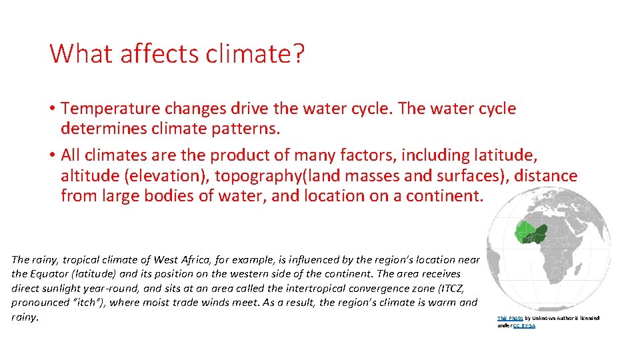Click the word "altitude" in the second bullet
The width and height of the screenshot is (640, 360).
(85, 176)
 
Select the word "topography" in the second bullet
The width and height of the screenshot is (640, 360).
(240, 176)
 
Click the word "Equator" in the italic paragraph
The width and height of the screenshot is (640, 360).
(57, 274)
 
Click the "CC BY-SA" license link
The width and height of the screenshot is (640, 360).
(524, 325)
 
